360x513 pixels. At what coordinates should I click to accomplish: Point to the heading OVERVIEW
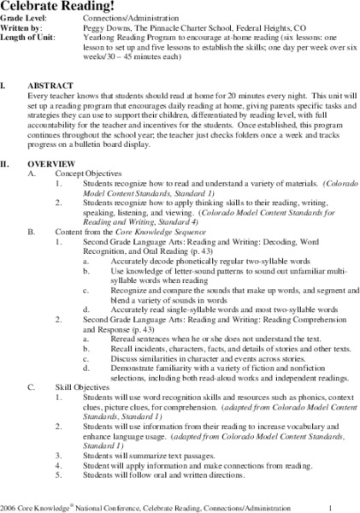[46, 162]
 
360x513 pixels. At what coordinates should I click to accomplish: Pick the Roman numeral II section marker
[6, 162]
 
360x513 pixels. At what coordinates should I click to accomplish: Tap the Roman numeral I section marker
[3, 87]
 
